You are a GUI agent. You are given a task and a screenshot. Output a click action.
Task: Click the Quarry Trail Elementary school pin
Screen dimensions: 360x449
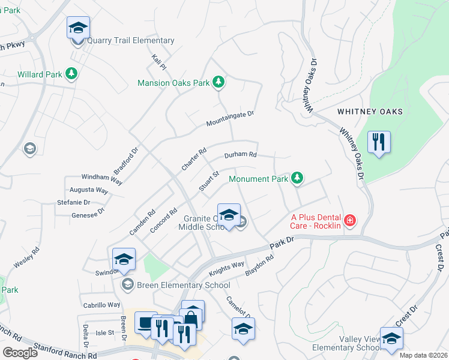tap(77, 28)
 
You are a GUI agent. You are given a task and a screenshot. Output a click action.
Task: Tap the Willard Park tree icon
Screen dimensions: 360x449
tap(71, 74)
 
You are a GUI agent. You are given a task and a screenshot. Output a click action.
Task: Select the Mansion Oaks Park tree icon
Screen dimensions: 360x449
tap(219, 83)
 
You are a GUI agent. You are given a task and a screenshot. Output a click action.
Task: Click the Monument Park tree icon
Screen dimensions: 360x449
tap(297, 178)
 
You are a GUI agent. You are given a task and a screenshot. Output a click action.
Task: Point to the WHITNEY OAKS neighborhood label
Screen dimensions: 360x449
tap(370, 112)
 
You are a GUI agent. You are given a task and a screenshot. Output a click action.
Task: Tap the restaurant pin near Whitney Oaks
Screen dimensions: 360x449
tap(379, 142)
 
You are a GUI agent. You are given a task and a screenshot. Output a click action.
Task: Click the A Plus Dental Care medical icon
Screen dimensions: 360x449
tap(349, 221)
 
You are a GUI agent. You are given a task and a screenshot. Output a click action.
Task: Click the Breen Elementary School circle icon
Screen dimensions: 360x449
tap(127, 284)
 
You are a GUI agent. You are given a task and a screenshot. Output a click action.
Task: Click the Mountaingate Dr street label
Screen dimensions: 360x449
tap(231, 118)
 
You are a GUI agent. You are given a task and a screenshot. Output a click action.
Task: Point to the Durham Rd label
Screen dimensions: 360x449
tap(240, 155)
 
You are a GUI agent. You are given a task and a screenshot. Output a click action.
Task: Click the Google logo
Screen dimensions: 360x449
tap(20, 353)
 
